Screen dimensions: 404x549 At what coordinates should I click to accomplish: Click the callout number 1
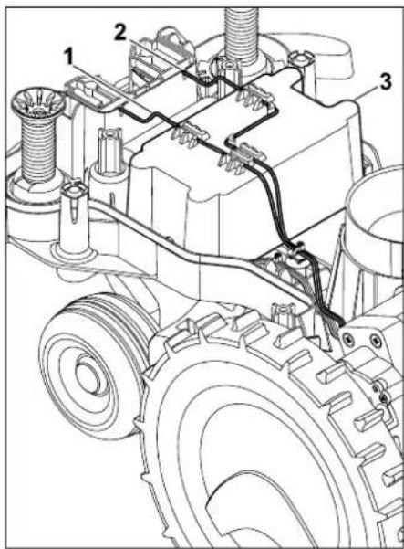(x=69, y=57)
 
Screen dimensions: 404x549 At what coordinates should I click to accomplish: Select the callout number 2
(x=120, y=33)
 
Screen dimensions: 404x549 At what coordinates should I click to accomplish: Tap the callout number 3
(x=385, y=82)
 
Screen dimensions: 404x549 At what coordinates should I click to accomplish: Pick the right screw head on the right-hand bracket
(x=376, y=339)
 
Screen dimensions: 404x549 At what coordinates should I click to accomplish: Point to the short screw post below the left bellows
(x=74, y=217)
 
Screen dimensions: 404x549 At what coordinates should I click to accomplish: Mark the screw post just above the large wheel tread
(x=284, y=317)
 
